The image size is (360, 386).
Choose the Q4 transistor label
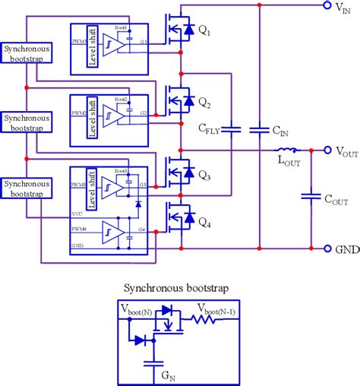(x=205, y=224)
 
